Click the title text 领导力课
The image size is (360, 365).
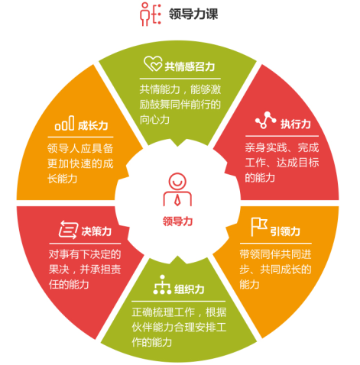[x=193, y=14]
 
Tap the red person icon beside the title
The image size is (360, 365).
[x=151, y=14]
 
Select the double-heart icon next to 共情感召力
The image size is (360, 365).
[x=153, y=63]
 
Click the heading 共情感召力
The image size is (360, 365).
[x=190, y=66]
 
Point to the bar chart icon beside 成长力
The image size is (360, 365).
[x=64, y=123]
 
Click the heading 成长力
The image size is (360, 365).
[x=93, y=126]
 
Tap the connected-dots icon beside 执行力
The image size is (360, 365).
[x=266, y=120]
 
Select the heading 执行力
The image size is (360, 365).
[x=296, y=124]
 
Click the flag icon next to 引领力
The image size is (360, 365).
[x=259, y=227]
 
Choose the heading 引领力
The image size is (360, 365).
[x=285, y=231]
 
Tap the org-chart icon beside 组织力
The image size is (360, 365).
[x=162, y=285]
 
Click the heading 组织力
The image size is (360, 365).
[x=190, y=289]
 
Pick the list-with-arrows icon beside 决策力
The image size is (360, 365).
[x=68, y=230]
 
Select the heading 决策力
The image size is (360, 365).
[x=96, y=231]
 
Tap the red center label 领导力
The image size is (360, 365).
[x=177, y=221]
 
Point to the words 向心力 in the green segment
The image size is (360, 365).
[x=154, y=120]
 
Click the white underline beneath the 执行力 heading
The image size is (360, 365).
[x=282, y=136]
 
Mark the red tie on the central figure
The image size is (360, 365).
[x=177, y=200]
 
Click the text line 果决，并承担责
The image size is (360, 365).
[x=85, y=270]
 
